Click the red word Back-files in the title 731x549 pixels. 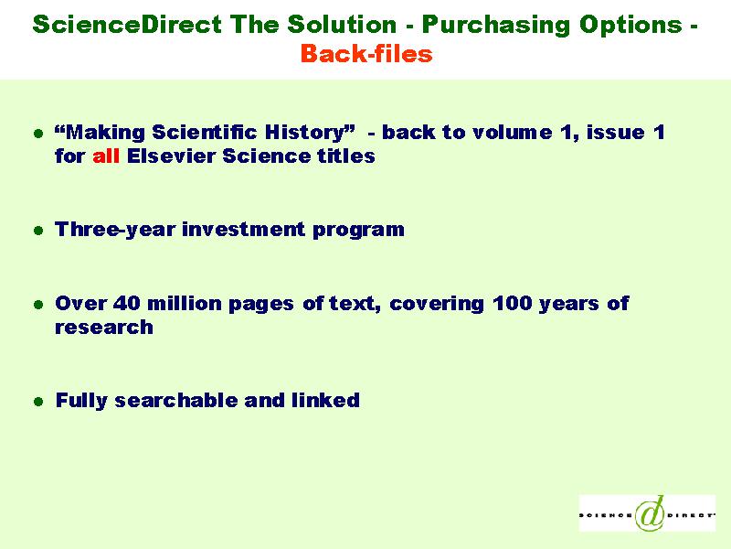(x=366, y=53)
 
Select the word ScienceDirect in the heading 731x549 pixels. (x=127, y=24)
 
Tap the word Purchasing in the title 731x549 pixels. (x=496, y=26)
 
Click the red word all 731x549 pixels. (x=106, y=156)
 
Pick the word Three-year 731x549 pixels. (x=115, y=230)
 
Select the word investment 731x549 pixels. (x=243, y=230)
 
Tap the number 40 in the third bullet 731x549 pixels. (x=126, y=304)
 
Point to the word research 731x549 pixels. (x=104, y=328)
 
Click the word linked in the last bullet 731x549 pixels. (x=325, y=400)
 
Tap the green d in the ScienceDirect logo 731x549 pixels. (x=650, y=513)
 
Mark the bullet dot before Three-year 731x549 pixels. (x=38, y=231)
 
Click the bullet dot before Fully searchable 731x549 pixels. (x=38, y=402)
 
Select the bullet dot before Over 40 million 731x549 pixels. (x=38, y=305)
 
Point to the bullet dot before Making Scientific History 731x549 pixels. (x=38, y=134)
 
